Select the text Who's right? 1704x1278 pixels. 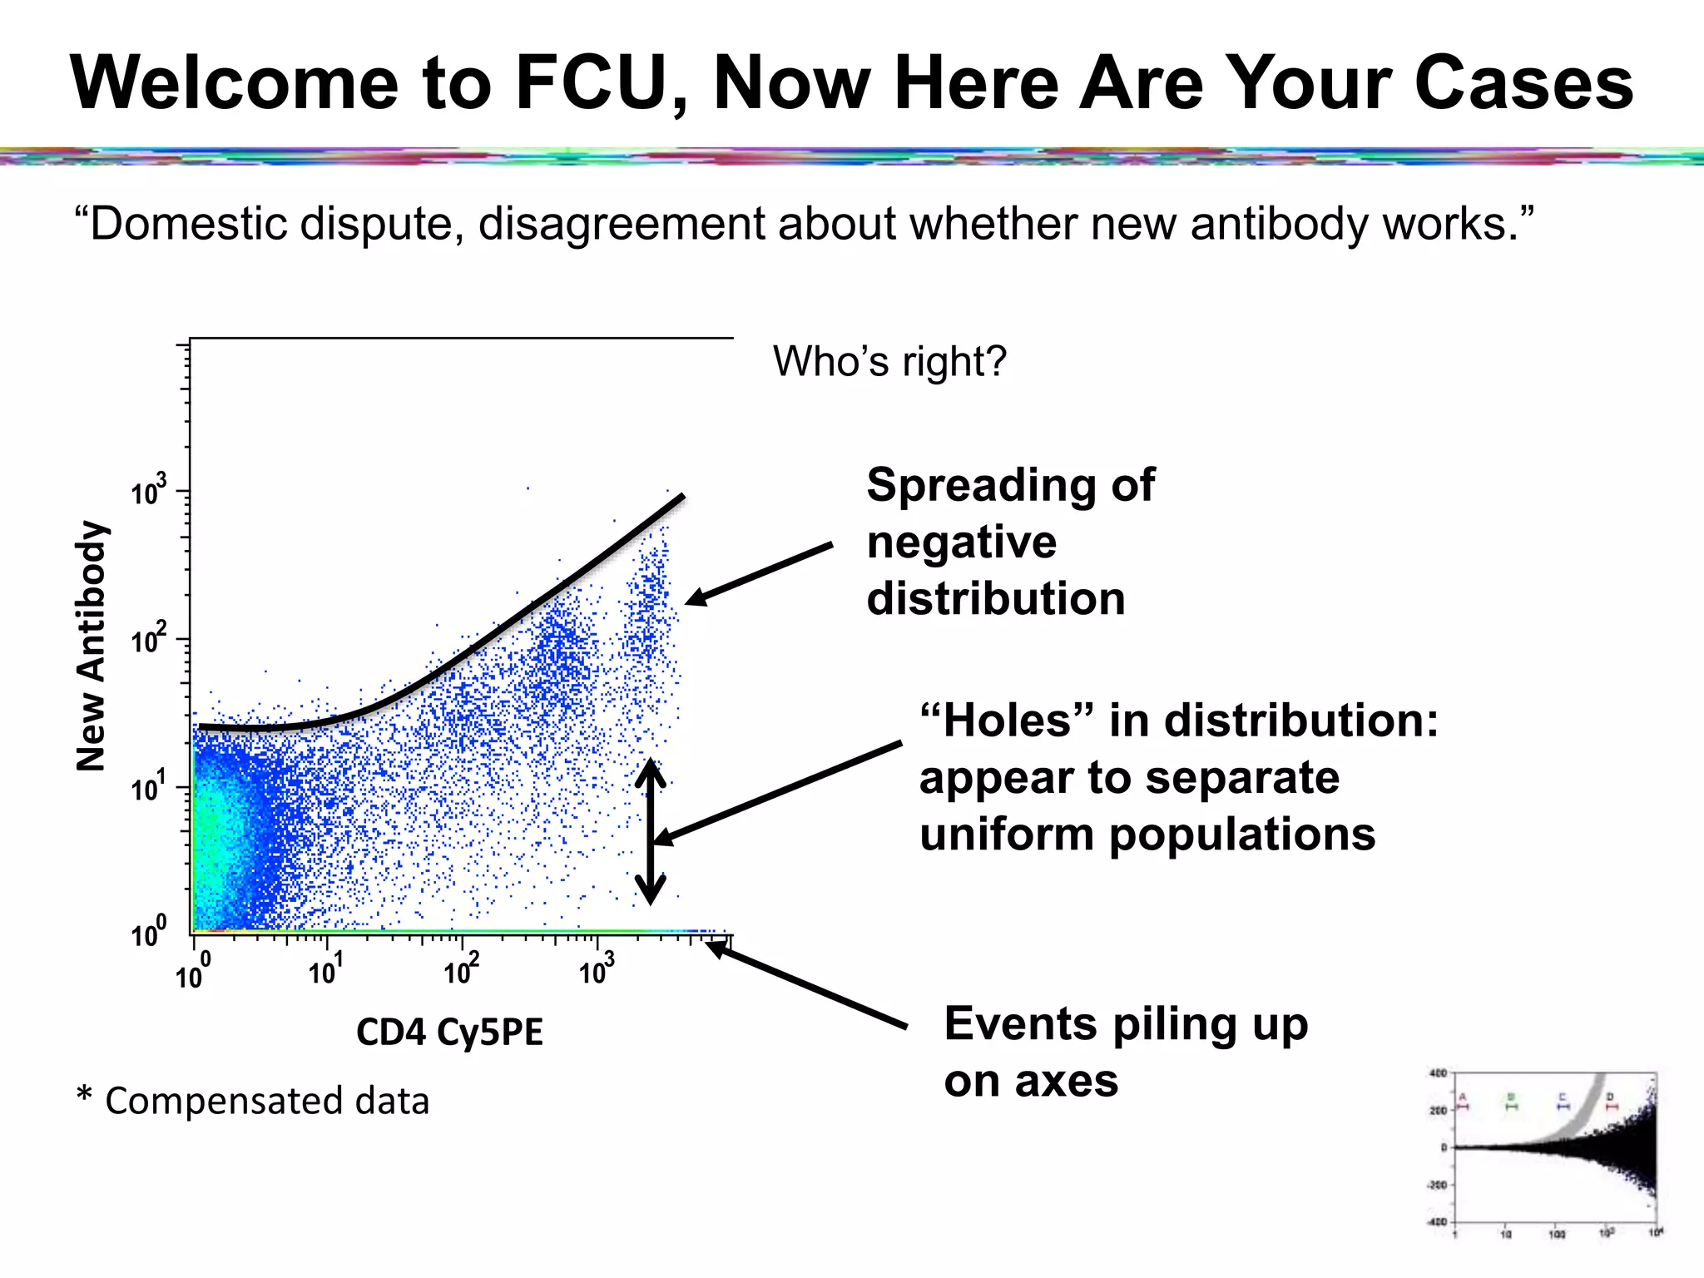[x=889, y=361]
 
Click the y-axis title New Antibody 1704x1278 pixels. [x=91, y=646]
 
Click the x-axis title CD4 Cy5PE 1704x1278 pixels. [x=449, y=1033]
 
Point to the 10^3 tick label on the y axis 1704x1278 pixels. [x=148, y=491]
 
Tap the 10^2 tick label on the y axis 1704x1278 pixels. [x=148, y=639]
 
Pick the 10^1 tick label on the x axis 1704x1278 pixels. [x=324, y=969]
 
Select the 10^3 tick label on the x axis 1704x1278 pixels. [x=596, y=969]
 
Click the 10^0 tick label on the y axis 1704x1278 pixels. [x=148, y=933]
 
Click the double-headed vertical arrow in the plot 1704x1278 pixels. [x=650, y=832]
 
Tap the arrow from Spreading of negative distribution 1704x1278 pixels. [x=758, y=573]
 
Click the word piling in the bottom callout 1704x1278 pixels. [x=1168, y=1024]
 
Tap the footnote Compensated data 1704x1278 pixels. [x=266, y=1101]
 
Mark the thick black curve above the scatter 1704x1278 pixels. [x=499, y=632]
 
